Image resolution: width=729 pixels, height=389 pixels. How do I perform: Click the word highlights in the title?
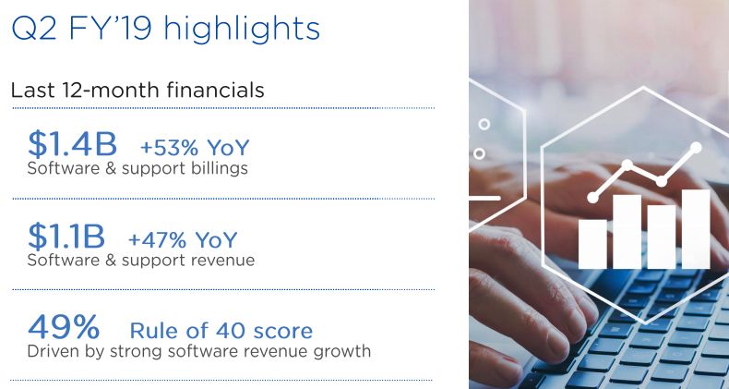pos(242,30)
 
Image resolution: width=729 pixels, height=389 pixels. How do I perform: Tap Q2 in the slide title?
pos(33,28)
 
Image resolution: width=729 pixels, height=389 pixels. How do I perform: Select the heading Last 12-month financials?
pos(137,90)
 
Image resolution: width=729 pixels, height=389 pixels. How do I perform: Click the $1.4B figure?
pos(72,144)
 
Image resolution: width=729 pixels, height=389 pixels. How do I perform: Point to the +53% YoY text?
pos(195,148)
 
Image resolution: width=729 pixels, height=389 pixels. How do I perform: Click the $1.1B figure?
pos(66,236)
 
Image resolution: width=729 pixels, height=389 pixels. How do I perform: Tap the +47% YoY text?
pos(183,239)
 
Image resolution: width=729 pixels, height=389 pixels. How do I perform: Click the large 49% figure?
pos(64,327)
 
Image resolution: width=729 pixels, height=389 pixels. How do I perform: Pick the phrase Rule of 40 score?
pos(221,331)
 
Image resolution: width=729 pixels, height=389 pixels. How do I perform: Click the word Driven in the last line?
pos(54,350)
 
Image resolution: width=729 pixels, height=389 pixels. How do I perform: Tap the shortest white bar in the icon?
pos(592,244)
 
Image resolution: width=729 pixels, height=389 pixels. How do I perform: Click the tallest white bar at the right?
pos(696,229)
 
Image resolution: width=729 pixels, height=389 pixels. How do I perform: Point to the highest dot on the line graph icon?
pos(696,148)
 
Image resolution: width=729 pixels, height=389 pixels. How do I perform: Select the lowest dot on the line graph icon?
pos(592,198)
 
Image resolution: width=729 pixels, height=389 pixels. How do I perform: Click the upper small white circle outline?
pos(484,124)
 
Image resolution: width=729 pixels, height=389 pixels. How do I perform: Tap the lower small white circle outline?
pos(479,153)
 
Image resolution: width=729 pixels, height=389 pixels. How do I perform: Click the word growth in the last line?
pos(341,351)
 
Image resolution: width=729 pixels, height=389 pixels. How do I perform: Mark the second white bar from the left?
pos(627,232)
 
